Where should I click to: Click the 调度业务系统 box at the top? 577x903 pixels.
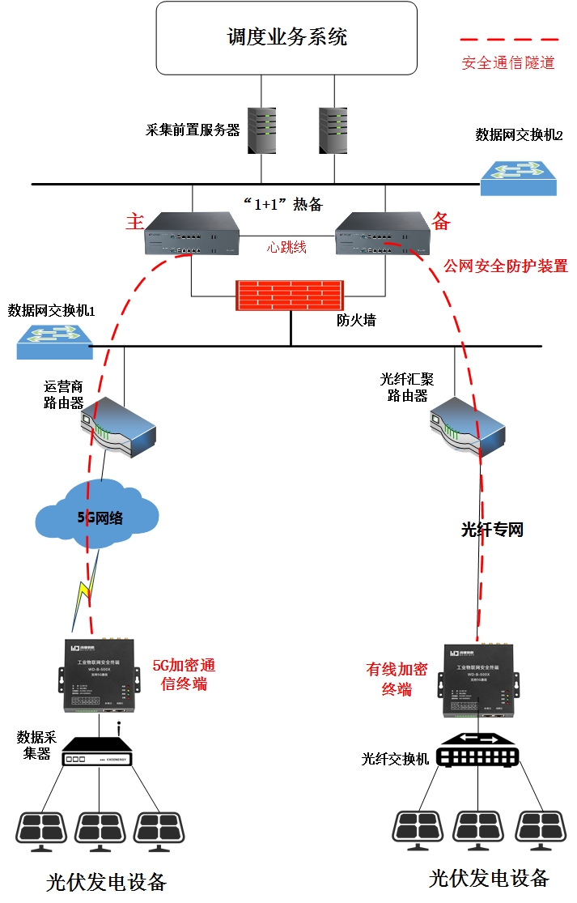286,37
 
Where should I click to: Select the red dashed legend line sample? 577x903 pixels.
509,39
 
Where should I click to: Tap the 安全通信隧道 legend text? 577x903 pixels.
508,62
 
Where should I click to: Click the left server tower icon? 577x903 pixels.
264,130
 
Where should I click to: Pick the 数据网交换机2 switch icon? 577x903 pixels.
519,177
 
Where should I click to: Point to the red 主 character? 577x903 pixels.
134,222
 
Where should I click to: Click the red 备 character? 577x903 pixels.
441,221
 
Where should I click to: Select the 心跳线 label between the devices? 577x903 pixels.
287,247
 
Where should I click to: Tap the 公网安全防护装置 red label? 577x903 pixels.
506,266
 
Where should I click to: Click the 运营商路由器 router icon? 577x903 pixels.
117,427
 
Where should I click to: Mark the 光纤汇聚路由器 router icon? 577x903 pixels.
467,425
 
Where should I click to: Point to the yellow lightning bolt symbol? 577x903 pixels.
86,593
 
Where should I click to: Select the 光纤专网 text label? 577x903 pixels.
492,530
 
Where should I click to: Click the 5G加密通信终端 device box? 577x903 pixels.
101,679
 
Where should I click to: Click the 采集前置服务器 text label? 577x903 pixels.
193,130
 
